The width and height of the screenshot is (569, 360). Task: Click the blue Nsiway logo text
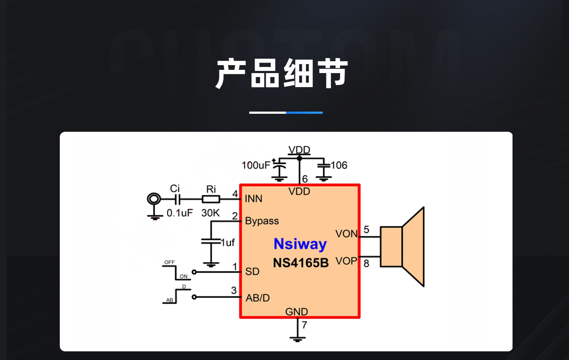click(300, 244)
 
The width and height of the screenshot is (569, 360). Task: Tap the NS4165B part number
click(301, 263)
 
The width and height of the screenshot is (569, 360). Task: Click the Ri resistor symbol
click(211, 199)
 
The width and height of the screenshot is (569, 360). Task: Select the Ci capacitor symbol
click(177, 199)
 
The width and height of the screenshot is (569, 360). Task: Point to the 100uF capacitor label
click(256, 165)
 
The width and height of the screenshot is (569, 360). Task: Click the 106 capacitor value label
click(339, 165)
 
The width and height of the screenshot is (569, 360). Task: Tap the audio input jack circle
click(154, 199)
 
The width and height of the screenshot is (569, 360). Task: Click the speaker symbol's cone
click(413, 247)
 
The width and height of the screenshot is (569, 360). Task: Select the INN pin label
click(254, 199)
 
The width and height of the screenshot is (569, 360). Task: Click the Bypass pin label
click(262, 221)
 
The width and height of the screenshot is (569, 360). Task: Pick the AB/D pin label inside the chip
click(257, 298)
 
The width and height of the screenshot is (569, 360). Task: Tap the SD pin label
click(252, 271)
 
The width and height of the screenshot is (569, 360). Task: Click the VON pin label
click(346, 234)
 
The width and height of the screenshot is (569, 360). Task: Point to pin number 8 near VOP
click(366, 264)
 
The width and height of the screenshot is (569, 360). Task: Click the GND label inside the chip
click(296, 311)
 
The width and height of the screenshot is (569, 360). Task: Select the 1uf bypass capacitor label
click(228, 243)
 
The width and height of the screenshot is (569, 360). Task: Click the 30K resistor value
click(210, 213)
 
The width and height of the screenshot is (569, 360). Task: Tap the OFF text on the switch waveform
click(169, 262)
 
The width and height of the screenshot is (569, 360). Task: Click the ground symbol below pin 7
click(297, 338)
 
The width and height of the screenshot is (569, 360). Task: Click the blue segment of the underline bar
click(304, 113)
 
